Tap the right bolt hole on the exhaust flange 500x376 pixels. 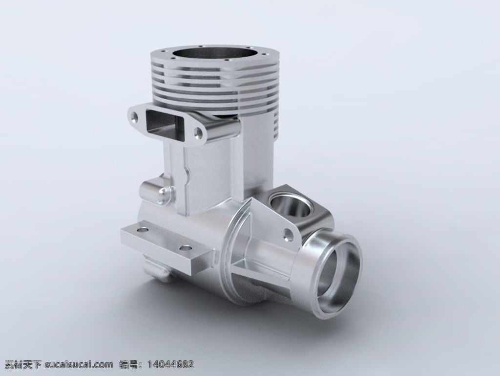coord(199,133)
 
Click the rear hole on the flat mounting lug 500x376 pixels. coord(142,230)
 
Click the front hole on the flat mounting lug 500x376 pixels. coord(186,248)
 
